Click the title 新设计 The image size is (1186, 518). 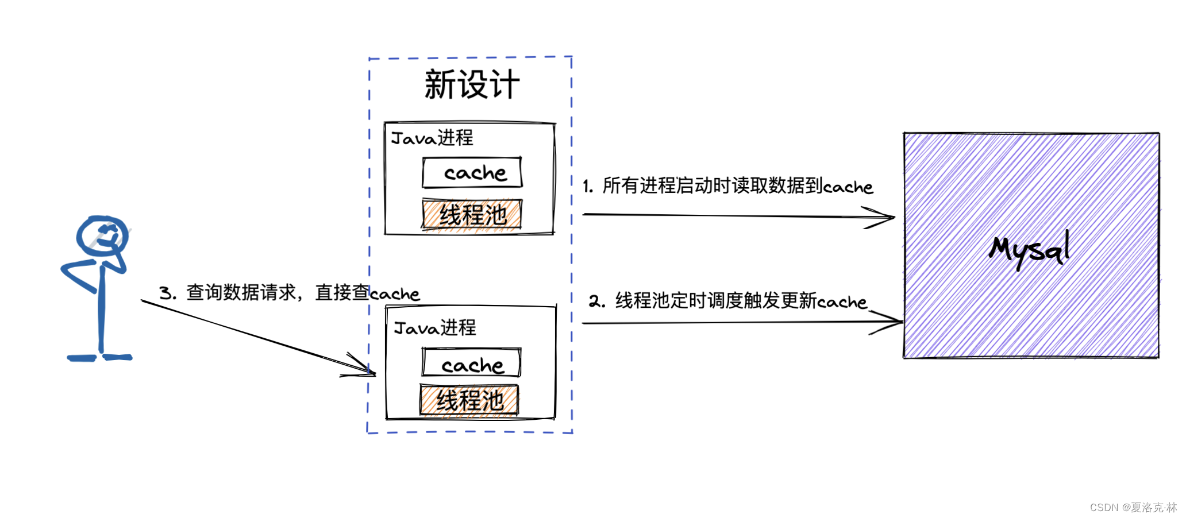[472, 85]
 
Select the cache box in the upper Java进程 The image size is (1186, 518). [472, 172]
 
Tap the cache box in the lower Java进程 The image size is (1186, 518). [471, 364]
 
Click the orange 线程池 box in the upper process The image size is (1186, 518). [472, 215]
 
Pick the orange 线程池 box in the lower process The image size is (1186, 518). [469, 400]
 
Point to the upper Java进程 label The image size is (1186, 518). [432, 138]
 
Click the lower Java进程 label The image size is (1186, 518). [435, 328]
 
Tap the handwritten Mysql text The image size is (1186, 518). [1030, 250]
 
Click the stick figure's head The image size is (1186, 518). [102, 235]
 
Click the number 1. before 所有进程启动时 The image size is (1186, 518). [588, 186]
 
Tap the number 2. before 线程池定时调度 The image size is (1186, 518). [596, 301]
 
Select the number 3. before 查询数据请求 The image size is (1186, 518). [167, 293]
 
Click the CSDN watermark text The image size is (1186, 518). [1133, 508]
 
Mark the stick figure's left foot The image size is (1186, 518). [81, 358]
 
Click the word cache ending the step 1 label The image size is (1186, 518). [848, 187]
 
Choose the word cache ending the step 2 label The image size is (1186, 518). [842, 302]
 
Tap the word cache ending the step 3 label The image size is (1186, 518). [395, 294]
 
